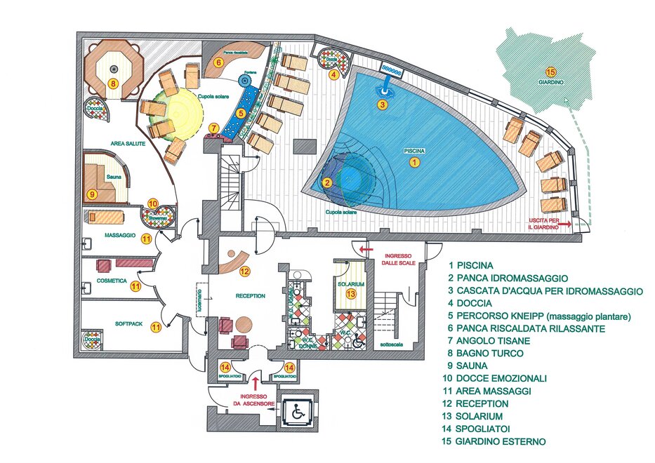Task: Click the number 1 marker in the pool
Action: pos(414,161)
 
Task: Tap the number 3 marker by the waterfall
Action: pos(382,105)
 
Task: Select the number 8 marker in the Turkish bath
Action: pos(112,84)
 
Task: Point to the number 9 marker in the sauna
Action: pos(91,194)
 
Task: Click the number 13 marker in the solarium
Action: pos(351,293)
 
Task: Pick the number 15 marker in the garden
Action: pos(551,72)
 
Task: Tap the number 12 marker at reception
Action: pos(244,271)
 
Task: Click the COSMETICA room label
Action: pos(110,281)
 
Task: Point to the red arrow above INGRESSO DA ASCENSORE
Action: pos(255,383)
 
